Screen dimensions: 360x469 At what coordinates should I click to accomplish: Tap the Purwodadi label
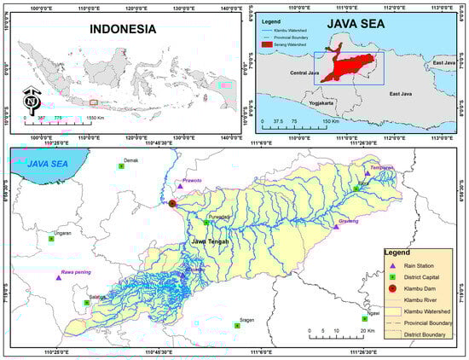pos(220,217)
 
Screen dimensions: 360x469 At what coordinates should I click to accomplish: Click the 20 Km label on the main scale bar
pos(365,330)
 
